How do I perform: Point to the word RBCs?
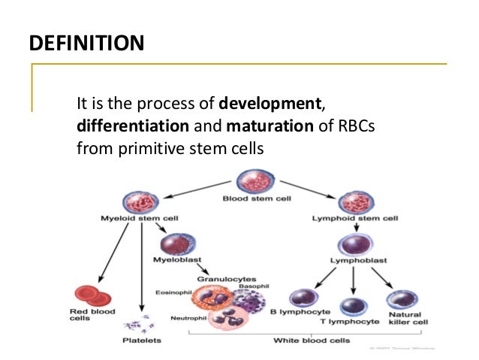click(x=352, y=125)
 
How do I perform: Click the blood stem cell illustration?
click(x=249, y=183)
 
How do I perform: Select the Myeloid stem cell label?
click(x=139, y=219)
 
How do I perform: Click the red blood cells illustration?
click(x=91, y=295)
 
